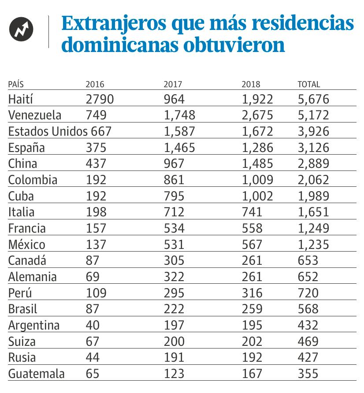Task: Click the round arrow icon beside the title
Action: (22, 30)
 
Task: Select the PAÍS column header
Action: (16, 85)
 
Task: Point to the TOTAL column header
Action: (309, 85)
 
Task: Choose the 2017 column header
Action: (173, 85)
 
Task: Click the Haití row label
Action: (21, 99)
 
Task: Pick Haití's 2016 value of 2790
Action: (100, 99)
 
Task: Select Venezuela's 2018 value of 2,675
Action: (257, 115)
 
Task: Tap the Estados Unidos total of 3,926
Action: (313, 131)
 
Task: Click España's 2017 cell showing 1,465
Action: (179, 148)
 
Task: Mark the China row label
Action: (22, 164)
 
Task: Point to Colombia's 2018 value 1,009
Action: (257, 180)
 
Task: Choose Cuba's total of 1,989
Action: (313, 196)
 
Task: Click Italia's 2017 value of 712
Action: (174, 212)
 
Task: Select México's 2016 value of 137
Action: (96, 245)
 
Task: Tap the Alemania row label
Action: (32, 277)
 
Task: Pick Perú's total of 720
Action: (308, 293)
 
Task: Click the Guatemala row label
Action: (36, 374)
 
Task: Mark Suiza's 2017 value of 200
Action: (174, 341)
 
